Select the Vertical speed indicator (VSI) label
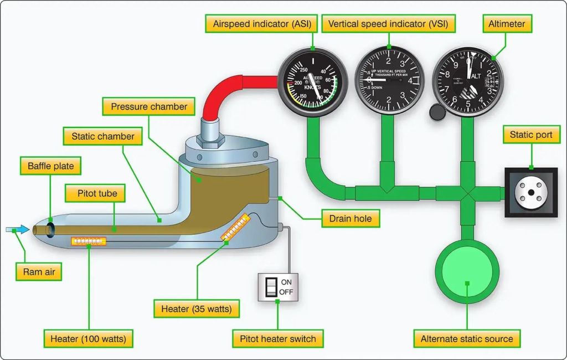click(x=388, y=24)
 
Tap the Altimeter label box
click(x=507, y=24)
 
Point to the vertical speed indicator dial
click(x=390, y=80)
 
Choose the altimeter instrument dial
click(x=468, y=81)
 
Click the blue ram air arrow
click(x=18, y=229)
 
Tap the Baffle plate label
click(x=51, y=166)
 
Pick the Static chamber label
click(x=103, y=136)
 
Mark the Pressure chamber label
click(x=150, y=106)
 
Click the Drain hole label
click(x=350, y=218)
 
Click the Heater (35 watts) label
click(x=197, y=308)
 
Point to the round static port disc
click(x=531, y=192)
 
